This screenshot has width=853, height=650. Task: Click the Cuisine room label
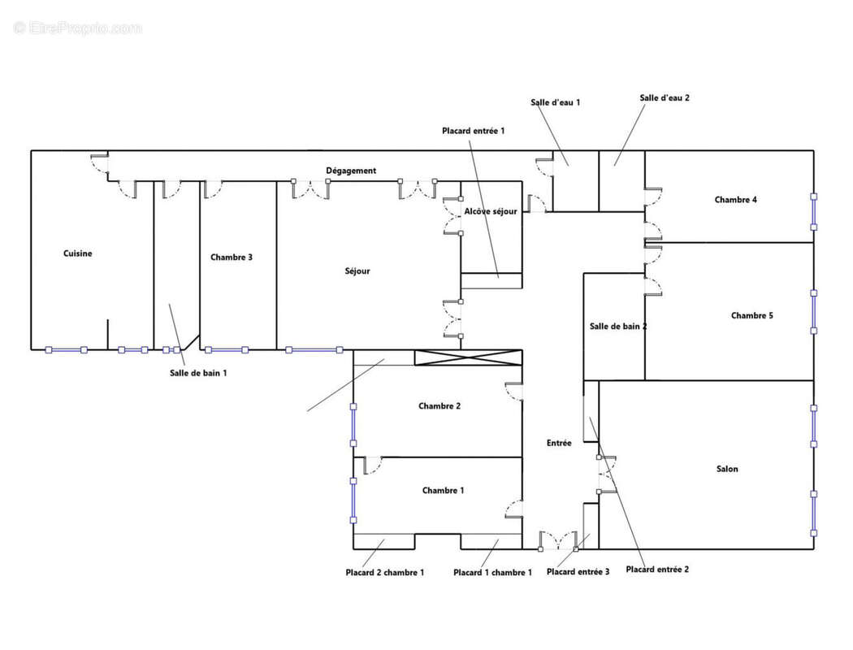pos(78,253)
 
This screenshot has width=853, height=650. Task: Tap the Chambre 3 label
pos(231,258)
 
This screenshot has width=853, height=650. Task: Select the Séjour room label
pos(357,271)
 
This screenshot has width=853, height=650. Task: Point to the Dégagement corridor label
pos(351,171)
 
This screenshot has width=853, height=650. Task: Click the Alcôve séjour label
pos(491,211)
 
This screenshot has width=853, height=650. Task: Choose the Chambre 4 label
pos(736,200)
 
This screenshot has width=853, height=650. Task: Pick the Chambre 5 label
pos(751,316)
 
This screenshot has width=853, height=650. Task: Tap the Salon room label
pos(727,469)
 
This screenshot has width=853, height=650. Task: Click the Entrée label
pos(559,443)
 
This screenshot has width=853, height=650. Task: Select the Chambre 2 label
pos(439,406)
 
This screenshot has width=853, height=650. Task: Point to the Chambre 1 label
pos(444,491)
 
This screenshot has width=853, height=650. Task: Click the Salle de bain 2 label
pos(617,327)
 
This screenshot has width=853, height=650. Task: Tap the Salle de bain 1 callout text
pos(198,372)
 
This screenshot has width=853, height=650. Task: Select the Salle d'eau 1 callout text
pos(555,102)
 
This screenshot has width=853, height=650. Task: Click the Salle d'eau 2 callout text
pos(665,97)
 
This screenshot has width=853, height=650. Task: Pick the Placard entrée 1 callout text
pos(474,131)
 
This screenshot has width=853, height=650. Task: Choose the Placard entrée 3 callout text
pos(578,572)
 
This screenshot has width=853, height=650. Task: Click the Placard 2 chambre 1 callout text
pos(384,572)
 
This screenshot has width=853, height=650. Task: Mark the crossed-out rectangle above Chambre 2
pos(468,357)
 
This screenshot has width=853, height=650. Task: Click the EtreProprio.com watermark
pos(78,28)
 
